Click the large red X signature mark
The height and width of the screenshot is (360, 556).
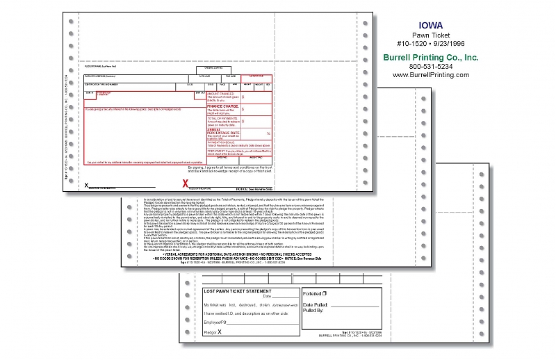tap(185, 183)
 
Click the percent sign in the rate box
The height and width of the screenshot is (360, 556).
tap(268, 132)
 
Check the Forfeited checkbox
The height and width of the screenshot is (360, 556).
tap(325, 294)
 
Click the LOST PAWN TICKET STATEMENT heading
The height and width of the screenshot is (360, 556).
tap(238, 291)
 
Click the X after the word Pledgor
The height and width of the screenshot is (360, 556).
tap(220, 333)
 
